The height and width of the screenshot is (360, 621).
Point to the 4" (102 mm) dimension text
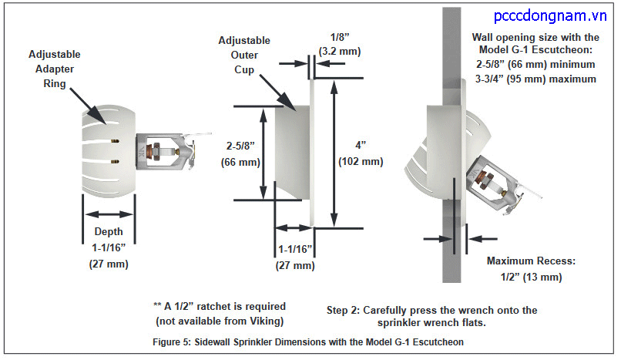pos(360,153)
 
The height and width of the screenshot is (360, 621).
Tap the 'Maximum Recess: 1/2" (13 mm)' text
pos(530,268)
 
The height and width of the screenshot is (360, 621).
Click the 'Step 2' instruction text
pos(431,315)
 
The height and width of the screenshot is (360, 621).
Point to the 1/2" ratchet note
pos(220,312)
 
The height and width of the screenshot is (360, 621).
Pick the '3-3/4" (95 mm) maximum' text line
pos(537,79)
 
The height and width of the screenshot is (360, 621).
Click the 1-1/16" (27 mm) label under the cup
pos(295,257)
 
